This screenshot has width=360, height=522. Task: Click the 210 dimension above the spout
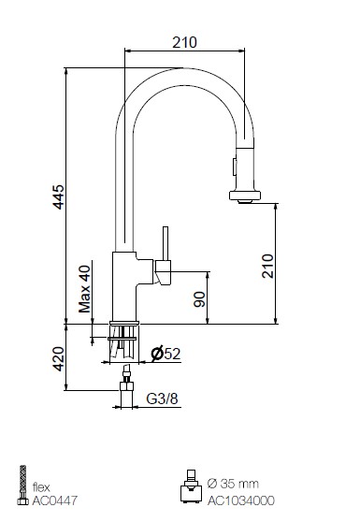click(184, 42)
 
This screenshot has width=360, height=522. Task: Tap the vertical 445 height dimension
click(59, 197)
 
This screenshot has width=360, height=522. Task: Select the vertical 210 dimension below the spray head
click(267, 266)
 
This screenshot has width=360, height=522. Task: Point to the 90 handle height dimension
click(199, 299)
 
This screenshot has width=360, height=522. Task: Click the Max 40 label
click(84, 289)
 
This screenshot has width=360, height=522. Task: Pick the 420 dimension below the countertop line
click(59, 359)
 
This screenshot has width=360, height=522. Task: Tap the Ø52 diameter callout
click(166, 354)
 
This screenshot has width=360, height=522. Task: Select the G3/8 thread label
click(162, 399)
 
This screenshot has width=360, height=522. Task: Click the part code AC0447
click(54, 500)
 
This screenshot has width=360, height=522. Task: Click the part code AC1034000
click(241, 500)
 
